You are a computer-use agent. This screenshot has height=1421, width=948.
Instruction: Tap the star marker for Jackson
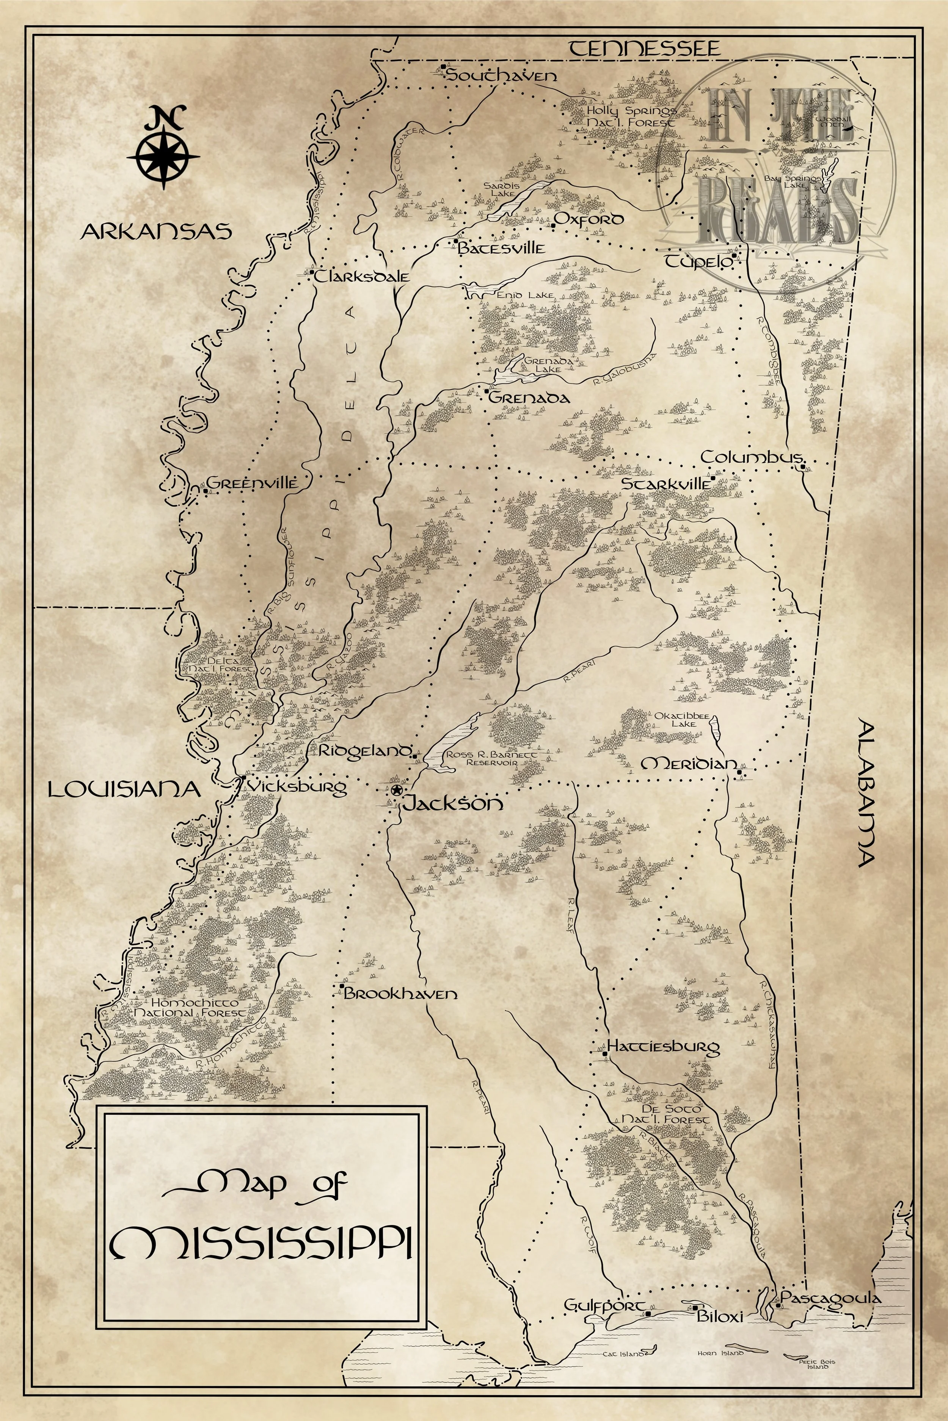coord(396,790)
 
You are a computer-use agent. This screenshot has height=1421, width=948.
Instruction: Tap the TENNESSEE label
coord(645,49)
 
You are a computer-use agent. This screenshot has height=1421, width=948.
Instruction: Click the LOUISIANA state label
coord(124,789)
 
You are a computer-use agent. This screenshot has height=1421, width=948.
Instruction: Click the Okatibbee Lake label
coord(675,719)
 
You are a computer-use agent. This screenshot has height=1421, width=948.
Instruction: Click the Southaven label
coord(502,75)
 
